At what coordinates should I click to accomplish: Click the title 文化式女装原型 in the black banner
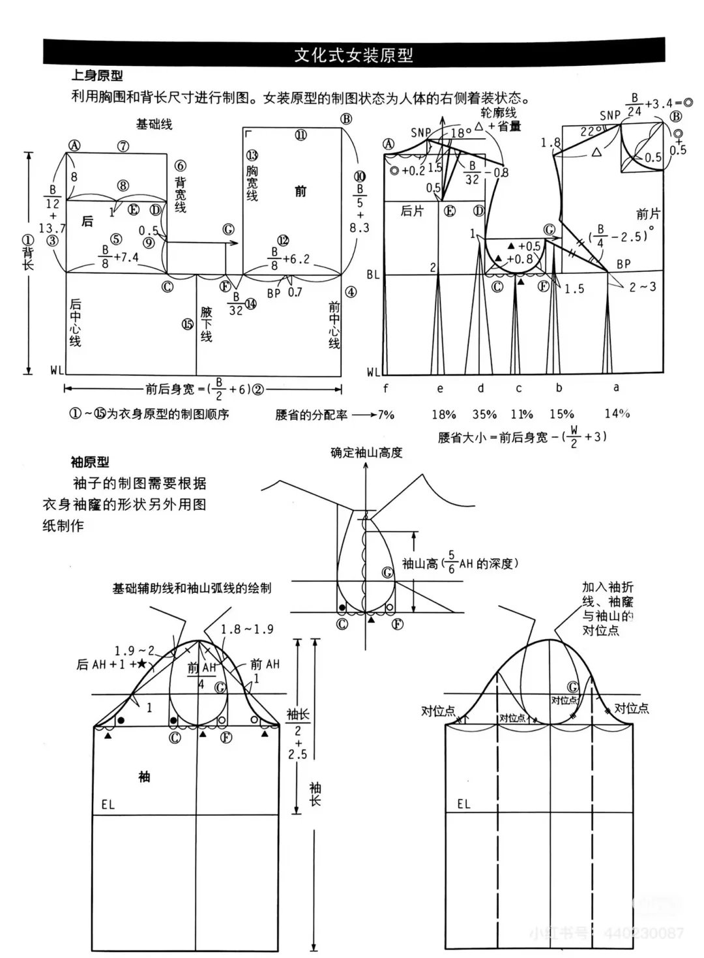353,55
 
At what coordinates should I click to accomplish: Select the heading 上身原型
96,76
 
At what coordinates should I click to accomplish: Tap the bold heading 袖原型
90,462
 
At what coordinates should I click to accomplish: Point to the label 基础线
154,124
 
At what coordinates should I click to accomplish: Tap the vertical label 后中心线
75,323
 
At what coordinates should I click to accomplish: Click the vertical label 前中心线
334,325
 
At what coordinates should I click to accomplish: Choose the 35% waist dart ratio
484,414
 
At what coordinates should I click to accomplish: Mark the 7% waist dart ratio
386,414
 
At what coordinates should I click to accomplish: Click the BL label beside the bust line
373,275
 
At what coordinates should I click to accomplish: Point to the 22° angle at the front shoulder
587,131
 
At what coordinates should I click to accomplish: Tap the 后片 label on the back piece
411,211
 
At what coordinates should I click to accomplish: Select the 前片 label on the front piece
648,214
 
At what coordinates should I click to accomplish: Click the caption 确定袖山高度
366,452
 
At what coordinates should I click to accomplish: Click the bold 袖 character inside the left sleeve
144,777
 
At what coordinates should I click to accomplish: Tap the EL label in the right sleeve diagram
463,804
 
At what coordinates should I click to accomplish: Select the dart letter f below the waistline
386,389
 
